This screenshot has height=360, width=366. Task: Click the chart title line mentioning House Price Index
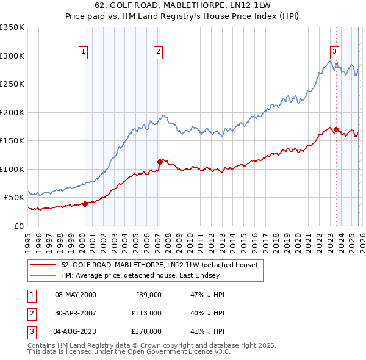coord(182,16)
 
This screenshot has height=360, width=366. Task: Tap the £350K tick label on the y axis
coord(12,27)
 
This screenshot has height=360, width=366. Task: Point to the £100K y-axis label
coord(12,169)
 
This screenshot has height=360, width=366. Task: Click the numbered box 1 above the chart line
coord(83,52)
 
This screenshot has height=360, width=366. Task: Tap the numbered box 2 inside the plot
coord(158,52)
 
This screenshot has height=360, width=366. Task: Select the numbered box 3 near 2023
coord(335,52)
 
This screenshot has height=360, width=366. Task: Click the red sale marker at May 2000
coord(85,204)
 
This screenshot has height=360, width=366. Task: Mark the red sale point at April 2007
coord(160,162)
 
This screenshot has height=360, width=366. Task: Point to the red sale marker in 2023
coord(336,129)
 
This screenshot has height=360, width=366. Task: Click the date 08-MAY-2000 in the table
coord(76,295)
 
